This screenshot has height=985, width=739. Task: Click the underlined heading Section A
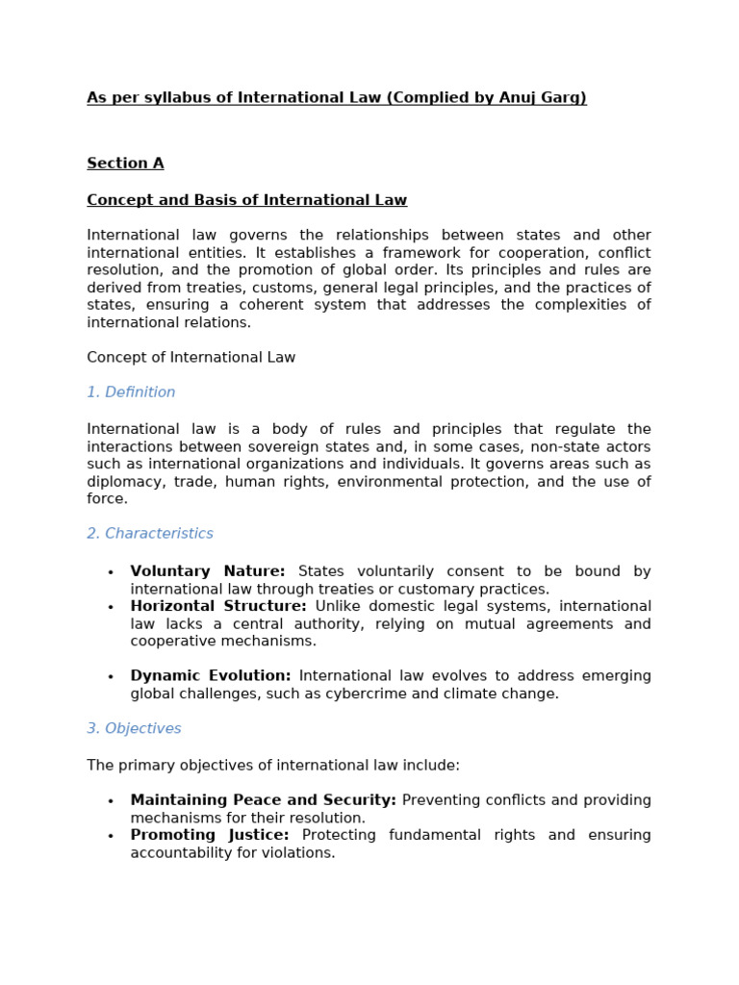[x=125, y=164]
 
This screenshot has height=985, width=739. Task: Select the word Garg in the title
[x=566, y=97]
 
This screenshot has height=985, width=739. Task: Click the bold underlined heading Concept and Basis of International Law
[x=246, y=200]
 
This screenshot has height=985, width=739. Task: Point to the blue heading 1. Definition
[x=131, y=392]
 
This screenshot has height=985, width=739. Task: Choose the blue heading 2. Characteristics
[x=150, y=534]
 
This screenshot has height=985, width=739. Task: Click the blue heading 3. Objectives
[x=134, y=729]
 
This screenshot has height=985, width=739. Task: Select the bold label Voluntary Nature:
[x=208, y=571]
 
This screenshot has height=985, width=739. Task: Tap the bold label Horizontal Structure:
[x=218, y=606]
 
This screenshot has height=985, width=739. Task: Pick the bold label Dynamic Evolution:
[x=211, y=676]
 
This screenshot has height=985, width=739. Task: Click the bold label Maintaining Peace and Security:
[x=263, y=800]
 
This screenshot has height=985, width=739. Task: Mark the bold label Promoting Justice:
[x=210, y=835]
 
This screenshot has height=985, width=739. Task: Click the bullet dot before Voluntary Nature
[x=111, y=572]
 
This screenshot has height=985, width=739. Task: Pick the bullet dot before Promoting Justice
[x=111, y=836]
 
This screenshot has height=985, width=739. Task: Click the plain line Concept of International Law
[x=191, y=358]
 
